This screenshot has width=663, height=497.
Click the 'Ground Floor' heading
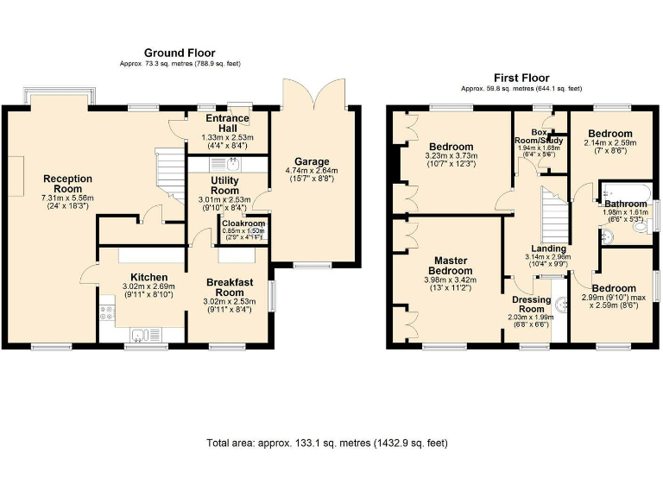tap(180, 53)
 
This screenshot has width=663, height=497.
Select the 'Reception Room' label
tap(68, 185)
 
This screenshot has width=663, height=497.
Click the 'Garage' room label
tap(312, 161)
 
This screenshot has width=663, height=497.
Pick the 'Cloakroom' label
tap(243, 223)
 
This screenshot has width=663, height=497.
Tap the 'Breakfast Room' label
tap(230, 287)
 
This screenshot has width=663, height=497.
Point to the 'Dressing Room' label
tap(532, 304)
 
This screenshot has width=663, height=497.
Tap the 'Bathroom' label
tap(625, 204)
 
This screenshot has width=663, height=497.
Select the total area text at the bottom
tap(327, 444)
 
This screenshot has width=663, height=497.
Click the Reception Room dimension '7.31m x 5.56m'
tap(68, 198)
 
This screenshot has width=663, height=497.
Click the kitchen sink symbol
tap(139, 334)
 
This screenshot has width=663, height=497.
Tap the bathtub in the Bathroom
tap(625, 191)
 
